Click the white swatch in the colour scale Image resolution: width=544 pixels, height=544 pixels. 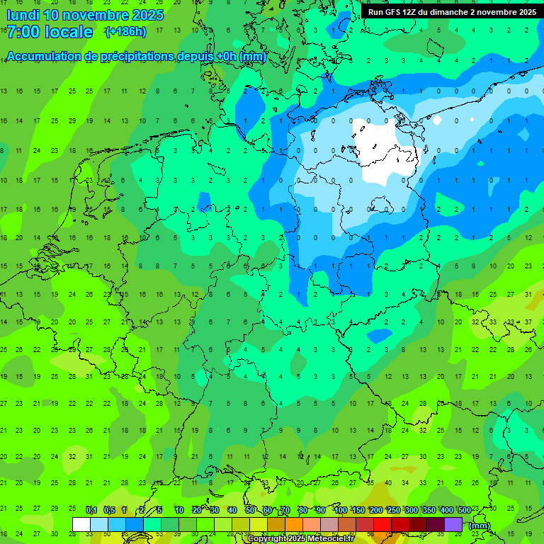tap(81, 524)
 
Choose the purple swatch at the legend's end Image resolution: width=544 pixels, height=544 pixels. tap(453, 524)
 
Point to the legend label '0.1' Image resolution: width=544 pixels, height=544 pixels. tap(91, 510)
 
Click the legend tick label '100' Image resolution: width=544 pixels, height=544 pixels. tap(341, 510)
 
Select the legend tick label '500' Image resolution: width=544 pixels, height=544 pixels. tap(465, 510)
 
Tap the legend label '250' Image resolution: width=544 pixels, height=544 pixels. tap(394, 510)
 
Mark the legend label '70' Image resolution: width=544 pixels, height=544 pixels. tap(285, 510)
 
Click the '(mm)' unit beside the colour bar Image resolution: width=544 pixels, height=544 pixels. tap(480, 526)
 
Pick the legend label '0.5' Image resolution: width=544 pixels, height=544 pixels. tap(108, 510)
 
